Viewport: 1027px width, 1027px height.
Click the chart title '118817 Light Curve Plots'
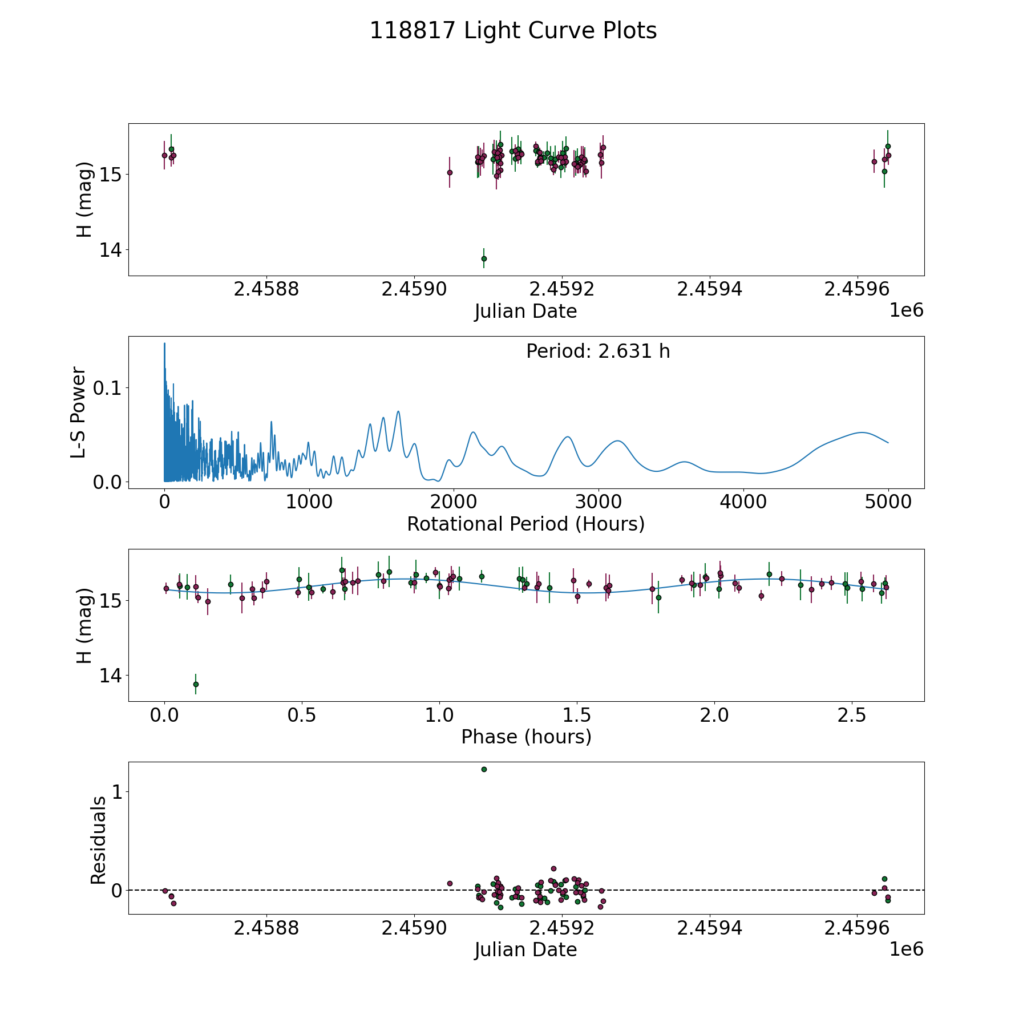[513, 31]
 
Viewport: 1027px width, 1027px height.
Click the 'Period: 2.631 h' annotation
[598, 351]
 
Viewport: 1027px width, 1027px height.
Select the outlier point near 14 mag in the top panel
[484, 258]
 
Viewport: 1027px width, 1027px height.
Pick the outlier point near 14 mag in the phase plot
[196, 684]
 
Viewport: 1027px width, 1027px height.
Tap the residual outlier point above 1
[484, 769]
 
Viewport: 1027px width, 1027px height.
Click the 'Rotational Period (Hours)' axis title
[525, 524]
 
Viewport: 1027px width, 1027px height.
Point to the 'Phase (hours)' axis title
[525, 737]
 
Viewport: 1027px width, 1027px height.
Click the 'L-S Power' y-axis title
[79, 413]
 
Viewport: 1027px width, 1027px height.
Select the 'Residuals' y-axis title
[98, 840]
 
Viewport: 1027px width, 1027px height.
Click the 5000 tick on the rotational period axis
[888, 503]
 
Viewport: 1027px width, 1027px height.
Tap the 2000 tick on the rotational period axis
[454, 503]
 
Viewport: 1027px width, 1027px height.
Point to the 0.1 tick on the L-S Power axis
[110, 388]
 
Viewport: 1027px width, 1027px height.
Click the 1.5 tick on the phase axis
[577, 715]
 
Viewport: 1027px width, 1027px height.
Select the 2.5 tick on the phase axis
[851, 715]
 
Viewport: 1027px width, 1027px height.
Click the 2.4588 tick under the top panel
[266, 289]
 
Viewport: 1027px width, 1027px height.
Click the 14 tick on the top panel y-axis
[110, 250]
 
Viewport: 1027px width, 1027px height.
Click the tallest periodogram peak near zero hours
[164, 343]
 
